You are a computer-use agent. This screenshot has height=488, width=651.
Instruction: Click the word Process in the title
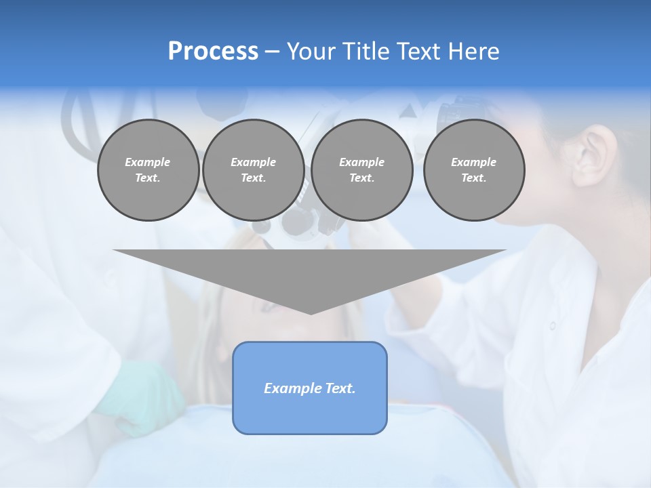tap(213, 52)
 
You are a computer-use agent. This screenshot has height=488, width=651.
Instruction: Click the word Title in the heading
tap(365, 52)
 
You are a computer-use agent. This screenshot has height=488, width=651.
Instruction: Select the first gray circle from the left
tap(148, 170)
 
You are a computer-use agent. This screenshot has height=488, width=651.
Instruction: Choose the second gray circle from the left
tap(253, 170)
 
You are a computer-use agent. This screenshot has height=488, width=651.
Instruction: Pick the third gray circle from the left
tap(361, 170)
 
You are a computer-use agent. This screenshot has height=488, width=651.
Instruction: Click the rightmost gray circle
tap(473, 170)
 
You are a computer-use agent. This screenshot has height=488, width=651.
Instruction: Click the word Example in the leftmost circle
tap(148, 162)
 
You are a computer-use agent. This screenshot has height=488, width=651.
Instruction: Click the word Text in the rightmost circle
tap(473, 178)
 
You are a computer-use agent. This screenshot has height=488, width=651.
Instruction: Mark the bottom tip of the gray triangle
tap(310, 312)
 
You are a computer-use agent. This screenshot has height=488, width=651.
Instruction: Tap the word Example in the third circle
tap(361, 162)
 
